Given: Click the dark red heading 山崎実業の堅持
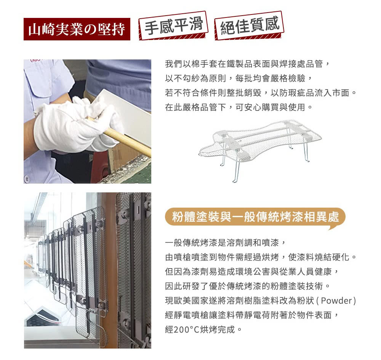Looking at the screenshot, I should (77, 29).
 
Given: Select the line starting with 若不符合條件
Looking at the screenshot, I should (261, 93).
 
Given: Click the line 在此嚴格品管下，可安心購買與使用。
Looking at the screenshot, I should (239, 107).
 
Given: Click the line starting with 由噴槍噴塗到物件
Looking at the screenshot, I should (261, 257).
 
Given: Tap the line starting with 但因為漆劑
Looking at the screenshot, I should (251, 271).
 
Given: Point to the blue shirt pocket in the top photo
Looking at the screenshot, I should (46, 82).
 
